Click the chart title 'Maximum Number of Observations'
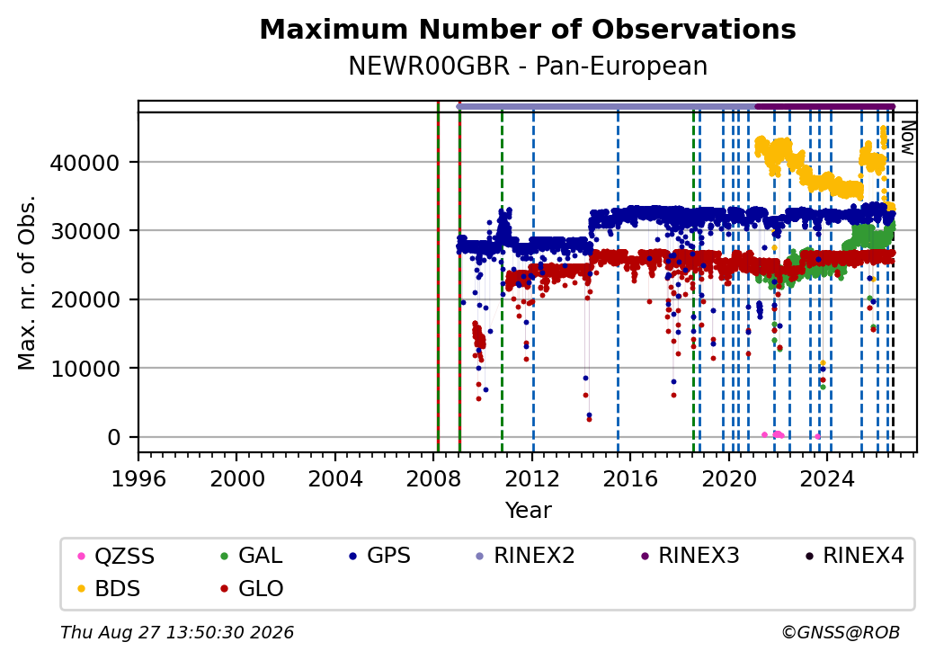click(528, 29)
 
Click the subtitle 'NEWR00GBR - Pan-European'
click(528, 67)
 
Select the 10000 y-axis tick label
click(85, 369)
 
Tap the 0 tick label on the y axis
click(114, 438)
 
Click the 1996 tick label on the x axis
click(138, 478)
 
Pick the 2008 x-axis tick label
click(433, 478)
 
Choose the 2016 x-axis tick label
click(629, 478)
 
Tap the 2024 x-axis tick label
click(826, 478)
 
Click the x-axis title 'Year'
click(528, 511)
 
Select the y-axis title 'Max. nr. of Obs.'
click(27, 282)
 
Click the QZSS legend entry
click(116, 557)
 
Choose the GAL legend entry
click(252, 557)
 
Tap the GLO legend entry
click(252, 589)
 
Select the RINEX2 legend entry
click(525, 557)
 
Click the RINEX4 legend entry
click(854, 557)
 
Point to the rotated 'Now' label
click(907, 138)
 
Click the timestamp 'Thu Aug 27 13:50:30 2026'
click(177, 632)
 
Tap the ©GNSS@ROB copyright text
click(841, 632)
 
